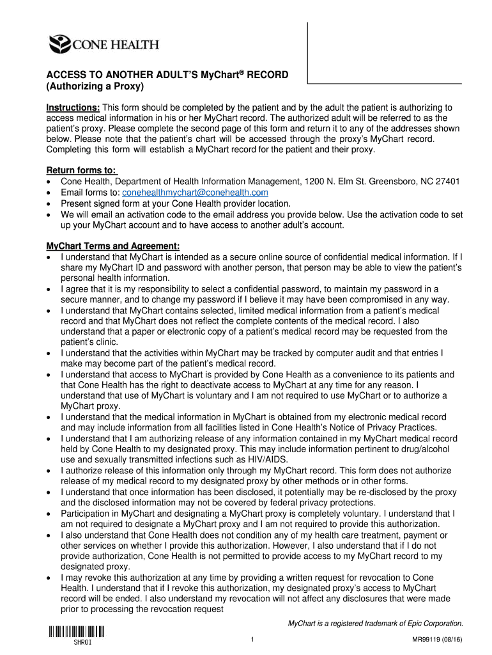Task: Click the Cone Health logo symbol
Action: (61, 44)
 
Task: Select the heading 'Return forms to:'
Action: (82, 170)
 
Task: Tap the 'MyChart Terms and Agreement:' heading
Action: (113, 246)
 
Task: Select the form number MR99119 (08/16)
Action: (433, 640)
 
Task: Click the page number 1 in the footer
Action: (254, 640)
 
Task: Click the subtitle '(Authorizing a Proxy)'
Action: (96, 86)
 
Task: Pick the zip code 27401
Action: (447, 182)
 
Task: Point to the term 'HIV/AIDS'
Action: (268, 459)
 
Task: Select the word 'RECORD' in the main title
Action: (268, 75)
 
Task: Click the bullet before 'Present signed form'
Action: (50, 204)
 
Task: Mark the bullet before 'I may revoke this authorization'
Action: (50, 578)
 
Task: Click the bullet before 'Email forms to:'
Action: (50, 193)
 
